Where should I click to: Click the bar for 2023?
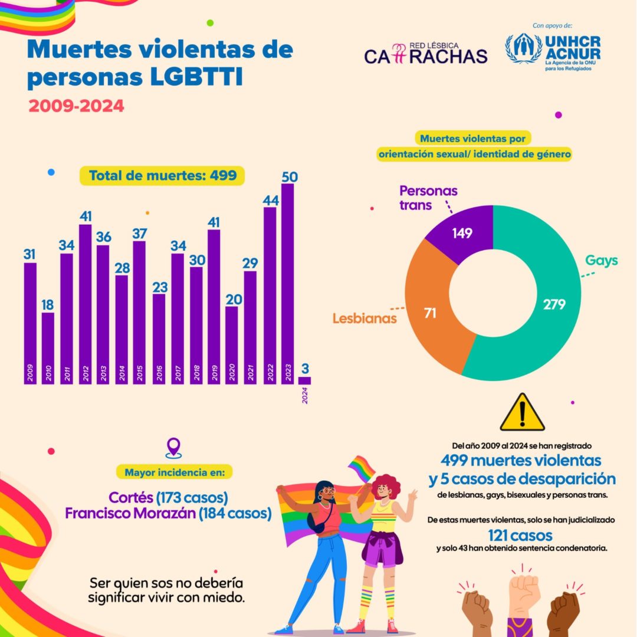pos(287,283)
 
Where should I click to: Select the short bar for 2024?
pos(305,380)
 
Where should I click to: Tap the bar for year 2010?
pos(48,348)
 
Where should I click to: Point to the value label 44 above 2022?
pos(270,201)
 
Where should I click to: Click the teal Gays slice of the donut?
pos(549,307)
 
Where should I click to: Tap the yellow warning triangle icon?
pos(522,412)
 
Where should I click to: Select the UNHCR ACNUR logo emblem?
pos(524,48)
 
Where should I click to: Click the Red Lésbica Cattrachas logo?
pos(425,53)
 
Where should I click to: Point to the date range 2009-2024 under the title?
pos(76,106)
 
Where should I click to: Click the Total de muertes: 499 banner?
pos(162,176)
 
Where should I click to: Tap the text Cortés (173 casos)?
pos(168,497)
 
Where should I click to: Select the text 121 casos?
pos(520,535)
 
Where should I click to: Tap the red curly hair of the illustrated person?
pos(386,485)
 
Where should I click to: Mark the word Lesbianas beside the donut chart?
pos(364,318)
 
